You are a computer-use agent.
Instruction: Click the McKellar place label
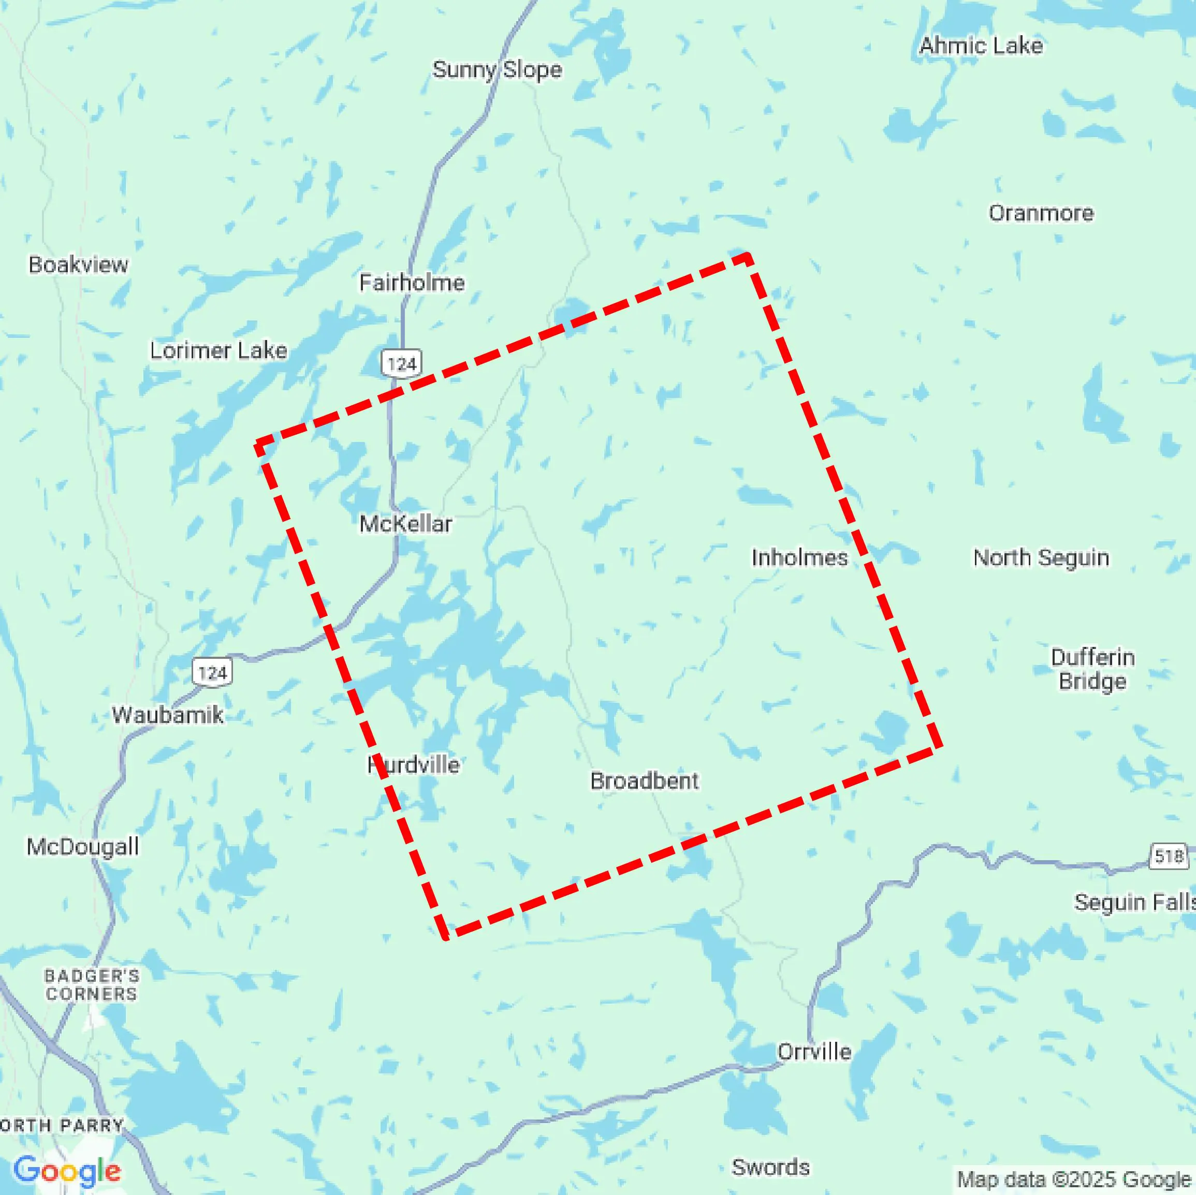(x=405, y=524)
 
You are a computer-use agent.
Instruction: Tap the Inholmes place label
(x=799, y=557)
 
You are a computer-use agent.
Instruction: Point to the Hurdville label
(x=414, y=765)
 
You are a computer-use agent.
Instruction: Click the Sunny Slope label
(x=497, y=70)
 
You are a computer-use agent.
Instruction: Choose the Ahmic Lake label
(x=981, y=46)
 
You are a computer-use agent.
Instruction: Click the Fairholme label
(x=412, y=283)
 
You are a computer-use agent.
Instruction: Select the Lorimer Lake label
(x=218, y=351)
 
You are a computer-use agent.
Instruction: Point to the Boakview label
(x=79, y=265)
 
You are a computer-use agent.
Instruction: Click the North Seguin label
(x=1041, y=557)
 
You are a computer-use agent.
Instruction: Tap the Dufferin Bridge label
(x=1092, y=669)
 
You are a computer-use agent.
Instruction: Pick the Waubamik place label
(x=167, y=715)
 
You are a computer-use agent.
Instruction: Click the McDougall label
(x=82, y=847)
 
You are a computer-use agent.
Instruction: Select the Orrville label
(x=814, y=1052)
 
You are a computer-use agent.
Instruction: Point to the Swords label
(x=771, y=1168)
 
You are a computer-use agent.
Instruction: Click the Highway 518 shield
(x=1169, y=857)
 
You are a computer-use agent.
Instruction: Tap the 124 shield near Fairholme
(x=401, y=363)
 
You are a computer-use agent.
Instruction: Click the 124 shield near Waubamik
(x=212, y=673)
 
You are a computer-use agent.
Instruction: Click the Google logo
(x=67, y=1170)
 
